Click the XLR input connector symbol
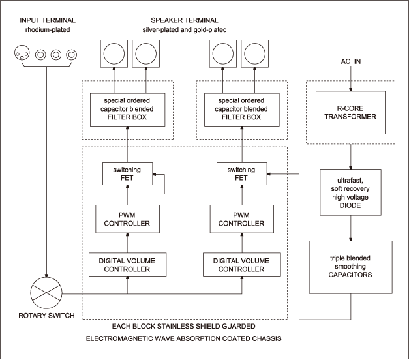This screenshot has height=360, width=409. (22, 53)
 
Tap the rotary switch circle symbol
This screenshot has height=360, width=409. (46, 293)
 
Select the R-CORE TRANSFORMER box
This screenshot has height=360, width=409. (350, 112)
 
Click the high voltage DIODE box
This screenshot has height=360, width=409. (350, 192)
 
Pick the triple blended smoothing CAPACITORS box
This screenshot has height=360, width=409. (350, 267)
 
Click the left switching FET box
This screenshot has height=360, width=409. (128, 173)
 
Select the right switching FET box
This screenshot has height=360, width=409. (242, 173)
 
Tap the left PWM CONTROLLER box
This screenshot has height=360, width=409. (128, 219)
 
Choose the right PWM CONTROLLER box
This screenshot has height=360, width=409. (242, 219)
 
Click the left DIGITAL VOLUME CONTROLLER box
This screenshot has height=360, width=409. (128, 265)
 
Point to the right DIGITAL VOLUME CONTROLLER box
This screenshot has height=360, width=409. (242, 265)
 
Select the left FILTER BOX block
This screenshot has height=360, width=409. (128, 110)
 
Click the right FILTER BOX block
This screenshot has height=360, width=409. (242, 110)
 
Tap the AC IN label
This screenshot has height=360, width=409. (351, 61)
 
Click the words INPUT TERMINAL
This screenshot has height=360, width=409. (48, 20)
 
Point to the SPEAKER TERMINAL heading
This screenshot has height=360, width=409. (185, 20)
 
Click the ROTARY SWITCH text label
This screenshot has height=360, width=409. (46, 316)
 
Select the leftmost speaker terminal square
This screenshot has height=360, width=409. (114, 53)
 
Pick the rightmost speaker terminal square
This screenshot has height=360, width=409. (254, 53)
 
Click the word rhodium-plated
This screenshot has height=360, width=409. (48, 30)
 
